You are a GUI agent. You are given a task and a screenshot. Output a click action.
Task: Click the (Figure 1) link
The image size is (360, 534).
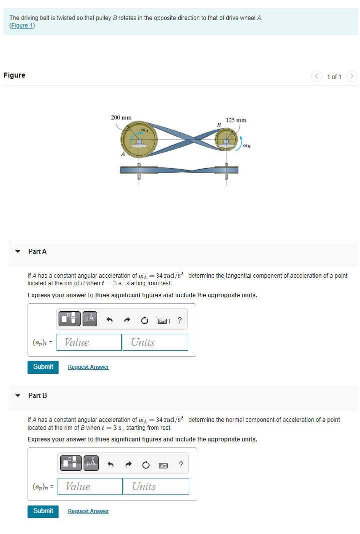tap(22, 26)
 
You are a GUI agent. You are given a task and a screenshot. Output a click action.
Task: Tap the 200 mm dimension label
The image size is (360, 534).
tap(121, 118)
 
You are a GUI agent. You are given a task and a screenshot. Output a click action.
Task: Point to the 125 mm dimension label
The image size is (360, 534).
tap(236, 121)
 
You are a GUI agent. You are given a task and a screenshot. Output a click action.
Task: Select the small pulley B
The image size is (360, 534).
tap(227, 140)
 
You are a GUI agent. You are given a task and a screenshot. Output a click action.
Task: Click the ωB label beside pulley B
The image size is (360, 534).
tap(247, 146)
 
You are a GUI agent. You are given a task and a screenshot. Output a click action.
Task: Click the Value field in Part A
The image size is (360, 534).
tap(89, 342)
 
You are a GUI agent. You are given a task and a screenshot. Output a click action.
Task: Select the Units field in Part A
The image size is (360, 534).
tap(155, 342)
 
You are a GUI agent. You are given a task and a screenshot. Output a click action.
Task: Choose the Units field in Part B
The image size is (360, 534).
tap(156, 486)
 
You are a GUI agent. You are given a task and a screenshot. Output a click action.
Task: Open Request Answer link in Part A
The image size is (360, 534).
tap(88, 367)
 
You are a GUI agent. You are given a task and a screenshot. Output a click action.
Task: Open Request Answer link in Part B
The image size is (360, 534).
tap(88, 511)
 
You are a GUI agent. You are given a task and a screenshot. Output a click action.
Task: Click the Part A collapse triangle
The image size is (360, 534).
tap(18, 252)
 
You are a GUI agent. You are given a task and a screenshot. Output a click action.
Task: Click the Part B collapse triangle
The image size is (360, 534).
tap(18, 396)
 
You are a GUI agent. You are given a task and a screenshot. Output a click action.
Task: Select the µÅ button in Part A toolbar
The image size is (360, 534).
tap(89, 318)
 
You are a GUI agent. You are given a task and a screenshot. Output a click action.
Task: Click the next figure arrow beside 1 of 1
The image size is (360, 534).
tap(352, 77)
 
